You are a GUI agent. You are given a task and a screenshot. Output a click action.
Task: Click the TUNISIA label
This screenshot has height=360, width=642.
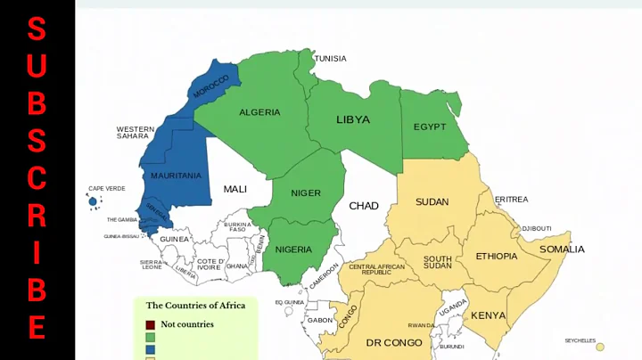330,59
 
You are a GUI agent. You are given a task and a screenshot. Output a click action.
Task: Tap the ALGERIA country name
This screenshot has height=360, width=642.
259,112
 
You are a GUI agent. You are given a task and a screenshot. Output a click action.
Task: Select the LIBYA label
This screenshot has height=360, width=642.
352,119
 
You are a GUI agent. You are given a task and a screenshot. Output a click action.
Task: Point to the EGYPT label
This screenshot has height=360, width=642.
430,127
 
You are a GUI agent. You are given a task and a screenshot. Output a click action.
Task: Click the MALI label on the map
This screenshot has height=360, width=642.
235,189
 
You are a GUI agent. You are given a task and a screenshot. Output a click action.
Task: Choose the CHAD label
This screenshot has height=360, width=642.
363,206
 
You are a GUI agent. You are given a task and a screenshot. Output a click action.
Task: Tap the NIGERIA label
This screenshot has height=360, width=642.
293,250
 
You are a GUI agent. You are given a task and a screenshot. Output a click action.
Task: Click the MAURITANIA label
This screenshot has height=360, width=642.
176,176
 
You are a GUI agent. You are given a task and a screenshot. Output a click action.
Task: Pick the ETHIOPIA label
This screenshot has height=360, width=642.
496,257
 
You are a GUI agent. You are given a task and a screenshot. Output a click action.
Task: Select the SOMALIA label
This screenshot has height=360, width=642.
562,250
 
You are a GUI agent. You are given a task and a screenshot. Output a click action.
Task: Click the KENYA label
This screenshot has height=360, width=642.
488,315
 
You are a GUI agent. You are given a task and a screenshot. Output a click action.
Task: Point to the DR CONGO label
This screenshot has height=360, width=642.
393,342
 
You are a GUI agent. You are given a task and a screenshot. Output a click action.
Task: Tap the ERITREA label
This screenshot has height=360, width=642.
512,200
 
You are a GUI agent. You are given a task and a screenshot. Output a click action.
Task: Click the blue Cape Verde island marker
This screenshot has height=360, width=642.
93,202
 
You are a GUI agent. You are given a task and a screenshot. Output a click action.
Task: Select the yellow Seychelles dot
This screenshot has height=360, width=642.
600,348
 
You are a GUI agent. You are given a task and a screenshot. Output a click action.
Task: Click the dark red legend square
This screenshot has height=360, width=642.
151,324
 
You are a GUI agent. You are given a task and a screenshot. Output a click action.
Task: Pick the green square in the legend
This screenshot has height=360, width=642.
151,338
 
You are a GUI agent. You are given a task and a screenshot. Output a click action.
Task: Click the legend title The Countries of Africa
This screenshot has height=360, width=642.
195,306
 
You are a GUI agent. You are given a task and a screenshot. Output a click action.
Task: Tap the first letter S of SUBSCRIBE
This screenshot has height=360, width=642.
37,29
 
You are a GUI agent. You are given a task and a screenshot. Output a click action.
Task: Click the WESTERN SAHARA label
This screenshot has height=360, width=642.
135,133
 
